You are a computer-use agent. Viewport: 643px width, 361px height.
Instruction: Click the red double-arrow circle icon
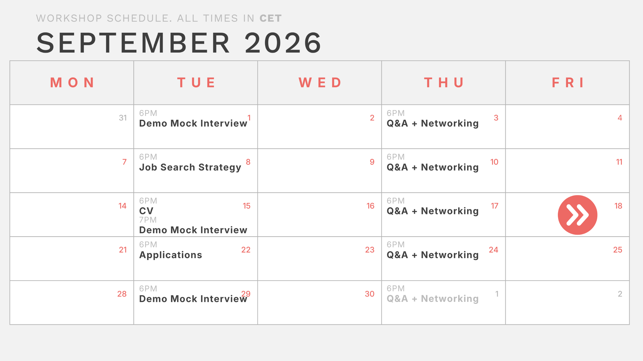coord(577,215)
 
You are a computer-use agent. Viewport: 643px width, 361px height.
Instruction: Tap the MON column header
coord(72,83)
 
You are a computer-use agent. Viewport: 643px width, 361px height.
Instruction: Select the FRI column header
coord(567,83)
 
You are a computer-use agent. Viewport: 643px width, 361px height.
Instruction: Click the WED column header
coord(320,83)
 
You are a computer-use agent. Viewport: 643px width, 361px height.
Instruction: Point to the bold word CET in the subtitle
coord(271,18)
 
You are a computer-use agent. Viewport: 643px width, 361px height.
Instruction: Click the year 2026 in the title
coord(283,43)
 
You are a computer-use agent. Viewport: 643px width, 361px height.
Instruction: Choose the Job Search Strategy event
coord(190,168)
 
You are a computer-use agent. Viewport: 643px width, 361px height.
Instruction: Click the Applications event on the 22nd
coord(171,255)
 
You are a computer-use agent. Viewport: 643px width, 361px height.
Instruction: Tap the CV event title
coord(146,211)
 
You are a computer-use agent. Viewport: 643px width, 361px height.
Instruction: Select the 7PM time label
coord(148,220)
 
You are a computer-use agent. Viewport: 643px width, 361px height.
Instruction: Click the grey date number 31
coord(123,118)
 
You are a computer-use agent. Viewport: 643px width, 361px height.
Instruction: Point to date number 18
coord(618,206)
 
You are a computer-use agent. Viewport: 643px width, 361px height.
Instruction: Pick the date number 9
coord(372,162)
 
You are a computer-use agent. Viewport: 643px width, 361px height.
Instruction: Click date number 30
coord(369,294)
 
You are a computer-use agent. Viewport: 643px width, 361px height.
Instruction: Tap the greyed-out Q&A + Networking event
coord(433,299)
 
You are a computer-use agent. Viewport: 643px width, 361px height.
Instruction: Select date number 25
coord(618,250)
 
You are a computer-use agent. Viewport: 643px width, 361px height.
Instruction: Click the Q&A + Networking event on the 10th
coord(433,167)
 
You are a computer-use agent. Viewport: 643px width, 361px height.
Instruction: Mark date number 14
coord(122,206)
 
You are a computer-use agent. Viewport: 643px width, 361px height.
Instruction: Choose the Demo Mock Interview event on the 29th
coord(193,299)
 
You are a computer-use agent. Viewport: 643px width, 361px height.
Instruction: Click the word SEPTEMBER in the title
coord(133,43)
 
